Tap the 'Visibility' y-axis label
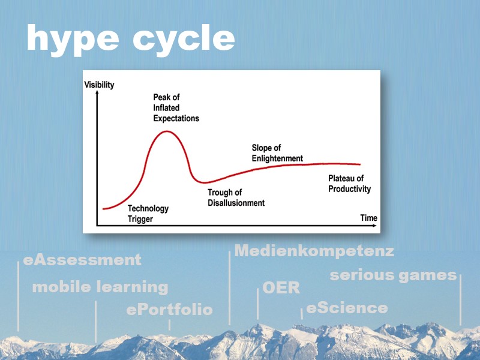click(x=99, y=85)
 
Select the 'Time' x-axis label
click(x=368, y=218)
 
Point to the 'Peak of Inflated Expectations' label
click(x=176, y=107)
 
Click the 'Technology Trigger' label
click(x=148, y=214)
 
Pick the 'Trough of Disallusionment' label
click(x=236, y=197)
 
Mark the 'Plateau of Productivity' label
click(x=349, y=184)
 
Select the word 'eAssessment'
click(x=82, y=260)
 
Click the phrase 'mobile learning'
click(x=100, y=287)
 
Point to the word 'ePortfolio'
click(x=169, y=310)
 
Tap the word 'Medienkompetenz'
click(x=314, y=251)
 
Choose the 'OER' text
click(x=281, y=287)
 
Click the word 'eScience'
click(x=347, y=308)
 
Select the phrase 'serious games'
click(x=393, y=275)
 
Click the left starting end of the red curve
click(x=104, y=209)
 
